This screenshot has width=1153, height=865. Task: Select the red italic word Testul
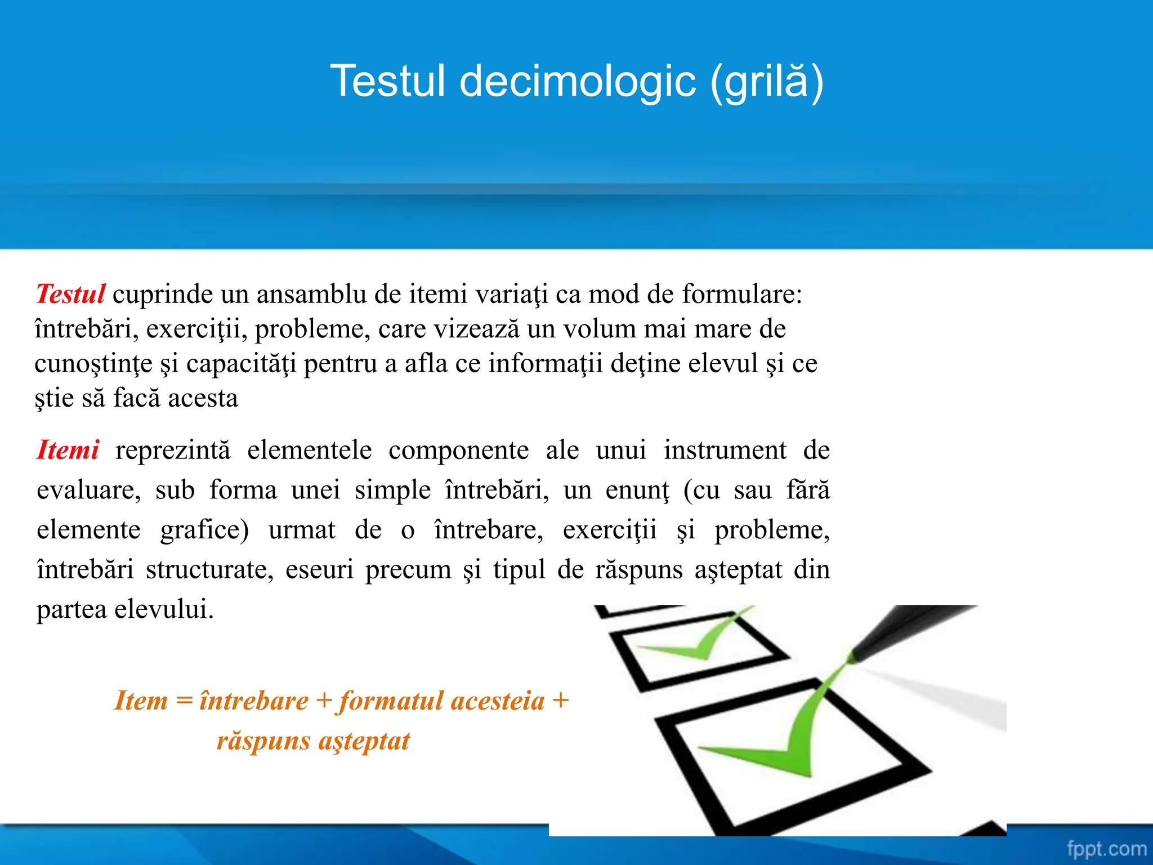click(x=70, y=294)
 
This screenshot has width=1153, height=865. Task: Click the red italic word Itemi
click(x=68, y=450)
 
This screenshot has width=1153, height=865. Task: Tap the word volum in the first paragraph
click(x=599, y=329)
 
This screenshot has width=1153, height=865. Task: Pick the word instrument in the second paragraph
click(x=725, y=450)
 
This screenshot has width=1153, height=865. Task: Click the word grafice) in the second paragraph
click(x=204, y=530)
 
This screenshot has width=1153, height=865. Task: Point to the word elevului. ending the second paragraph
click(x=164, y=609)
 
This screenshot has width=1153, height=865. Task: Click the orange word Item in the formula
click(x=141, y=701)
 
